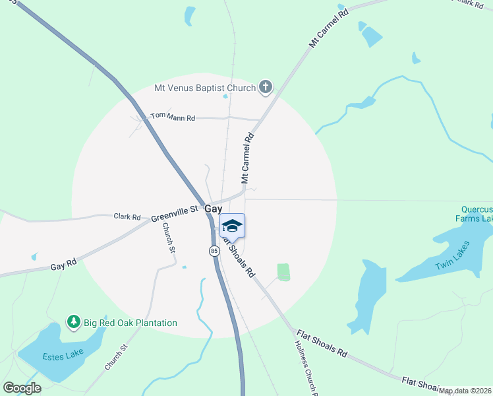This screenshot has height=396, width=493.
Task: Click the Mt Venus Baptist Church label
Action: point(204,88)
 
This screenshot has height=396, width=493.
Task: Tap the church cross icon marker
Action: point(266,86)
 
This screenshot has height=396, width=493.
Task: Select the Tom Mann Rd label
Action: point(173,117)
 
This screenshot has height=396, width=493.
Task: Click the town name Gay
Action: point(213,209)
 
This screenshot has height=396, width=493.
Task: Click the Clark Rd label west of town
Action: point(127,216)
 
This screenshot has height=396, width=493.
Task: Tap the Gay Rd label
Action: point(63,265)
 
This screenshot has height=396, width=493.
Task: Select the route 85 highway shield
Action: point(214,251)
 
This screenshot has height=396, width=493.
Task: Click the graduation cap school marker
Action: point(233,226)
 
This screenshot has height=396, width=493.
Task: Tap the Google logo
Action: point(22,387)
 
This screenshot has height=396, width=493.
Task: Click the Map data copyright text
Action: point(465,391)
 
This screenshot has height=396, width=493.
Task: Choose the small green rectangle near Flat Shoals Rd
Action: point(283,272)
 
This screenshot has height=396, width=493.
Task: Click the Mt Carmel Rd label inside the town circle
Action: point(247,159)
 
